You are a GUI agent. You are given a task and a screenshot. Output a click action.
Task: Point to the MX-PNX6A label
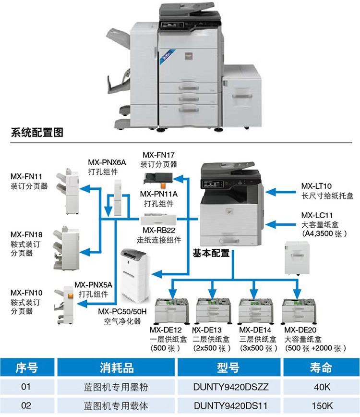(x=107, y=163)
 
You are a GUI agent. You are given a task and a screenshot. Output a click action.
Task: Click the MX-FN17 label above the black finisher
(x=158, y=155)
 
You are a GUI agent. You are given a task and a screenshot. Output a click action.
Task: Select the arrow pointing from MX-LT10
(x=282, y=192)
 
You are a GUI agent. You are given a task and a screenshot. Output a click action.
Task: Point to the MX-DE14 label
(x=255, y=330)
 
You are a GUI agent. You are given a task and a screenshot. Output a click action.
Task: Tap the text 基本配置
(x=211, y=253)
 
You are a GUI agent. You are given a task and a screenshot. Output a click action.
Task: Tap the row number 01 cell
(x=26, y=387)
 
